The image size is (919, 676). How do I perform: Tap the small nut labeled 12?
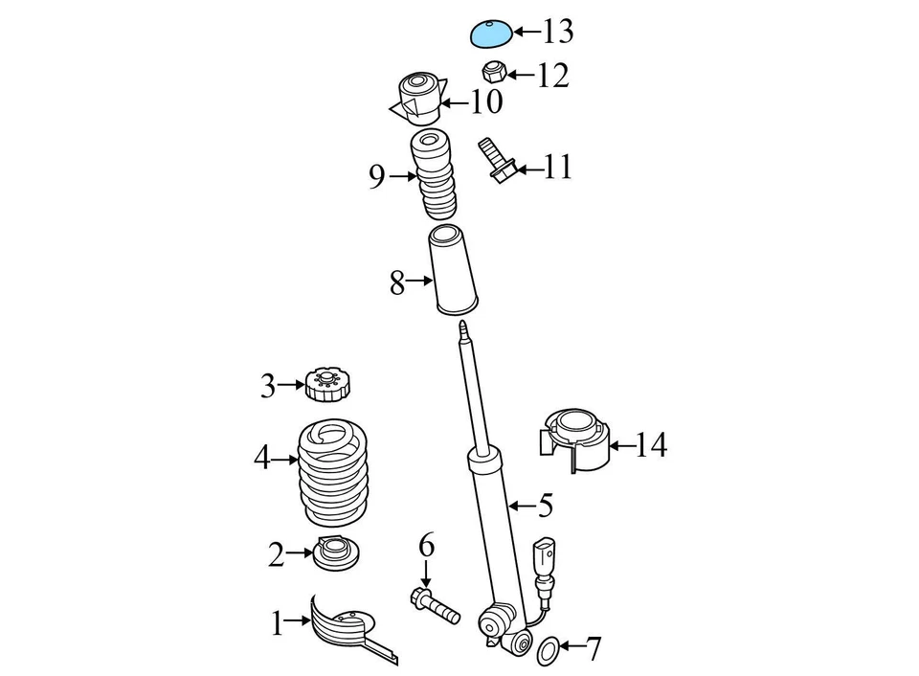(493, 71)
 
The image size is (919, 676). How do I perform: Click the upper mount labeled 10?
(418, 98)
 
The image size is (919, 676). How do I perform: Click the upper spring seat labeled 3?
(325, 386)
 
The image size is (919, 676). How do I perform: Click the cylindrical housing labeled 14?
(574, 440)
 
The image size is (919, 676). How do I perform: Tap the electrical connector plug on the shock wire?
(544, 557)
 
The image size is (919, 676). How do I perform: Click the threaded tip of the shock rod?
(463, 331)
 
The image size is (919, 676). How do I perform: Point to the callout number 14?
(650, 445)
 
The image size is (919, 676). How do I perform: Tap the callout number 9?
(377, 177)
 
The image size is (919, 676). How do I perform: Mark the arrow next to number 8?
(420, 282)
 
